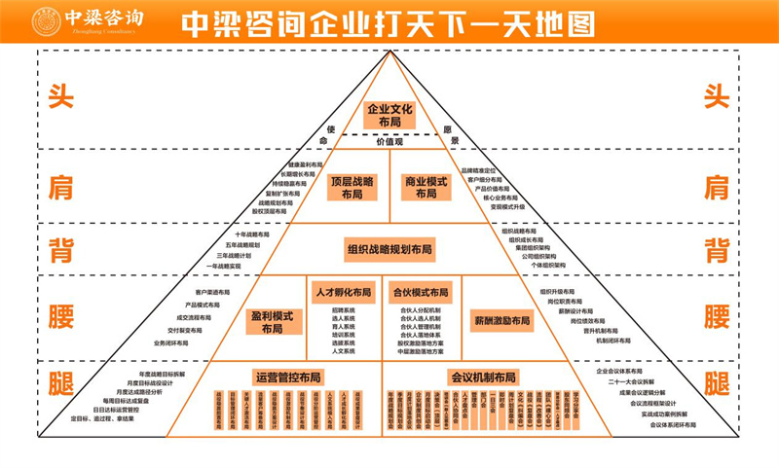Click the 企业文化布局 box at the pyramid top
pyautogui.click(x=389, y=115)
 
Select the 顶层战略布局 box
pyautogui.click(x=352, y=188)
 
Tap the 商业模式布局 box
pyautogui.click(x=427, y=188)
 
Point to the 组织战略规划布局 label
pyautogui.click(x=389, y=249)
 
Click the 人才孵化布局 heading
pyautogui.click(x=342, y=292)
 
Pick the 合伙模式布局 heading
pyautogui.click(x=421, y=292)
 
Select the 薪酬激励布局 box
pyautogui.click(x=502, y=320)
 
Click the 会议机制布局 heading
pyautogui.click(x=483, y=377)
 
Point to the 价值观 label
pyautogui.click(x=389, y=142)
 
